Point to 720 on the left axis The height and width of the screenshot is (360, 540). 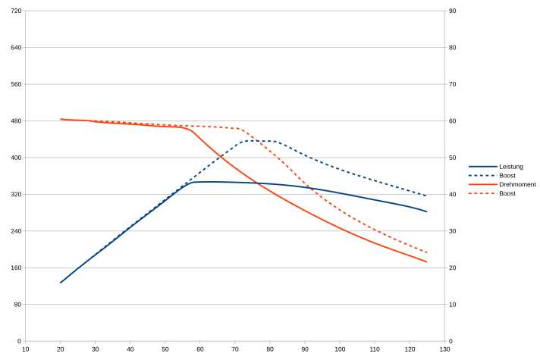(x=17, y=11)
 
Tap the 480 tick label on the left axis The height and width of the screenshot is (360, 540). (x=17, y=121)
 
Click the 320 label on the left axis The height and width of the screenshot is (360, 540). (x=17, y=195)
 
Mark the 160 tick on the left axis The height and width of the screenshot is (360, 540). (x=17, y=268)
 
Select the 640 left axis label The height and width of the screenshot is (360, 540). (x=17, y=48)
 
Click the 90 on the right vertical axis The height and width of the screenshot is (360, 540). (x=452, y=11)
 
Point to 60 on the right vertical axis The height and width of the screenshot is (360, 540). (x=452, y=121)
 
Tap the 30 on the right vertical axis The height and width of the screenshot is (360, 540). (x=452, y=231)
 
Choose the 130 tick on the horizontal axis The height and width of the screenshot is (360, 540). (x=444, y=349)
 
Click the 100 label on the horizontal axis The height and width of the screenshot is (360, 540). (x=340, y=349)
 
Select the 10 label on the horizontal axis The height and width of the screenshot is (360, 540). (x=26, y=349)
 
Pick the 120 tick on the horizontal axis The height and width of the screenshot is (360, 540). (x=410, y=349)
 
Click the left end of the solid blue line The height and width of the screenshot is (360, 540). (x=61, y=283)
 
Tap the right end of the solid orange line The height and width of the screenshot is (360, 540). (x=427, y=262)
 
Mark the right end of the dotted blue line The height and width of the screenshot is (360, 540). (x=427, y=196)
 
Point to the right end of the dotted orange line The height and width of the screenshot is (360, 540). (x=427, y=252)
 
